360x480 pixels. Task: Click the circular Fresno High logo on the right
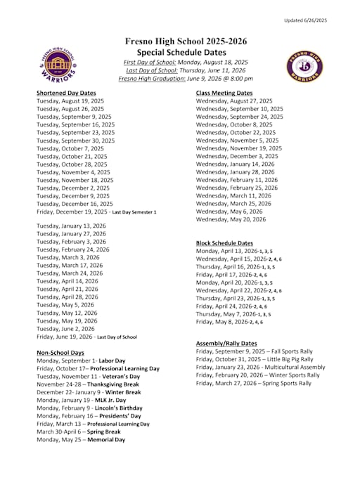(304, 66)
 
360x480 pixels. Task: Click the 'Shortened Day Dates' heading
(66, 93)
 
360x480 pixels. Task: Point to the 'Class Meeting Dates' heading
(224, 93)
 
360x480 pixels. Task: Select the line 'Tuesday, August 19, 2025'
(70, 101)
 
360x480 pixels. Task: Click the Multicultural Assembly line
(260, 367)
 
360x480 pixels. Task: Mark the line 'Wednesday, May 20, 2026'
(231, 219)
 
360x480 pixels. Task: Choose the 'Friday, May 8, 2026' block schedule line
(229, 322)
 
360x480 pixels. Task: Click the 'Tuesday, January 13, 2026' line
(71, 226)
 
